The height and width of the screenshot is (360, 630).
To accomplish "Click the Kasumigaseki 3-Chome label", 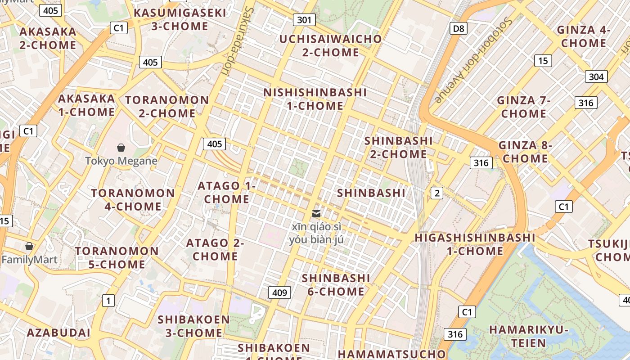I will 180,19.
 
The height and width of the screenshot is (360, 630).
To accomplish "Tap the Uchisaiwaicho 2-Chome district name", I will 331,45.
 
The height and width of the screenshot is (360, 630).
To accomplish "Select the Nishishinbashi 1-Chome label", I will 315,99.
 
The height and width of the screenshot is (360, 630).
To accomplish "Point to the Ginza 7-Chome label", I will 524,107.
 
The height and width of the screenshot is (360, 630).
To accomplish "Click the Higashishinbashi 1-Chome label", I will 475,244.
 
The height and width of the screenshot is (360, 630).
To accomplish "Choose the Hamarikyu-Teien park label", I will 529,336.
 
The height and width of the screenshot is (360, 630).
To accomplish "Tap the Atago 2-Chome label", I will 215,249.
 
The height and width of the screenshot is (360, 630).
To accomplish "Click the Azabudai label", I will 58,333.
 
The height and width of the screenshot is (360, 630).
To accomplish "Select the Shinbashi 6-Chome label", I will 336,284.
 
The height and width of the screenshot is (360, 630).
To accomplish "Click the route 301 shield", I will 304,20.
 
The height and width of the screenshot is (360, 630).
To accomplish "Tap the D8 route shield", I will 458,29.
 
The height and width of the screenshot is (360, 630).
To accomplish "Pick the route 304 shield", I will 596,76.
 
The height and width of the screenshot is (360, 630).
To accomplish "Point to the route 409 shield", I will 279,292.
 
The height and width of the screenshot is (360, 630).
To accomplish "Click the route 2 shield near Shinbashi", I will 436,193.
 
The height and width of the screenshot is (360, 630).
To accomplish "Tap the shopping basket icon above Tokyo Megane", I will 121,148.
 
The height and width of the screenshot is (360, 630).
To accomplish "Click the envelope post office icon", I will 316,213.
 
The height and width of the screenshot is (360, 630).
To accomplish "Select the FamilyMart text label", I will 30,260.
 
